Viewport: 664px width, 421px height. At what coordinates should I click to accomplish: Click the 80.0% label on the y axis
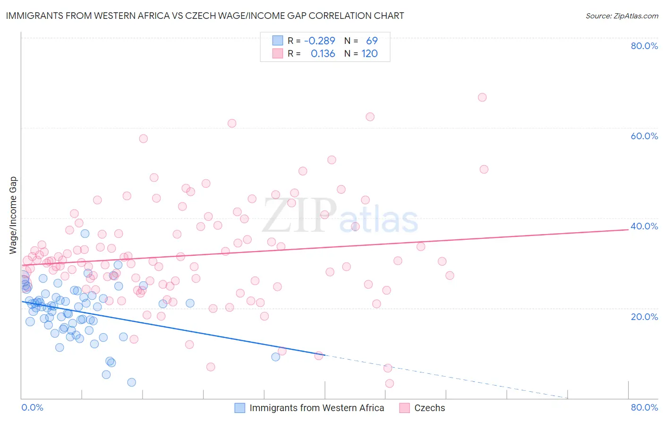tap(644, 46)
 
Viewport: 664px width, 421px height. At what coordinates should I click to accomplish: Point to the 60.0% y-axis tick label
tap(644, 136)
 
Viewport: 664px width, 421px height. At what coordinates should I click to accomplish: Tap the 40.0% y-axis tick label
tap(644, 226)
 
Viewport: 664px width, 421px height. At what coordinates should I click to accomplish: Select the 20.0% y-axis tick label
tap(644, 316)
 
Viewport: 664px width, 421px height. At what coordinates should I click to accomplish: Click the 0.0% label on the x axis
tap(32, 407)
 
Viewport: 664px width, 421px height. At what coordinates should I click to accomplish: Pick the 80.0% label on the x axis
tap(644, 407)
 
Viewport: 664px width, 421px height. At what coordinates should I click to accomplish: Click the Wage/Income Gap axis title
tap(13, 215)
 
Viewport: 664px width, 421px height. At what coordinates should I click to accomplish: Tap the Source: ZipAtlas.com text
tap(621, 16)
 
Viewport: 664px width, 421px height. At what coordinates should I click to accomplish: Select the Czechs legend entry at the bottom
tap(429, 408)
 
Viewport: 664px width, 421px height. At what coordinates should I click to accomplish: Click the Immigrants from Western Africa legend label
tap(316, 408)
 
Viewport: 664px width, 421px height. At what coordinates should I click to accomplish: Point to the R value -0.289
tap(320, 41)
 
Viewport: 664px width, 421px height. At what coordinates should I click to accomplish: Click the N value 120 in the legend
tap(369, 54)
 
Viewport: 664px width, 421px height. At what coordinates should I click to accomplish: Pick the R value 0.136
tap(323, 54)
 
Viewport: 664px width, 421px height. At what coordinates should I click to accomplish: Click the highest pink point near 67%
tap(482, 97)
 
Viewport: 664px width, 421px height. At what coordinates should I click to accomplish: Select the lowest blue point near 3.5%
tap(132, 382)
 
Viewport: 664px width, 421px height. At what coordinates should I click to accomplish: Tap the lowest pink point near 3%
tap(390, 383)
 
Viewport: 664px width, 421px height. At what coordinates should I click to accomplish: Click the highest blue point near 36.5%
tap(85, 234)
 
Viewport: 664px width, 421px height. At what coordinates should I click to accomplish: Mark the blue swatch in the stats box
tap(277, 41)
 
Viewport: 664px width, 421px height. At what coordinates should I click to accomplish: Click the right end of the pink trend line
tap(628, 229)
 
